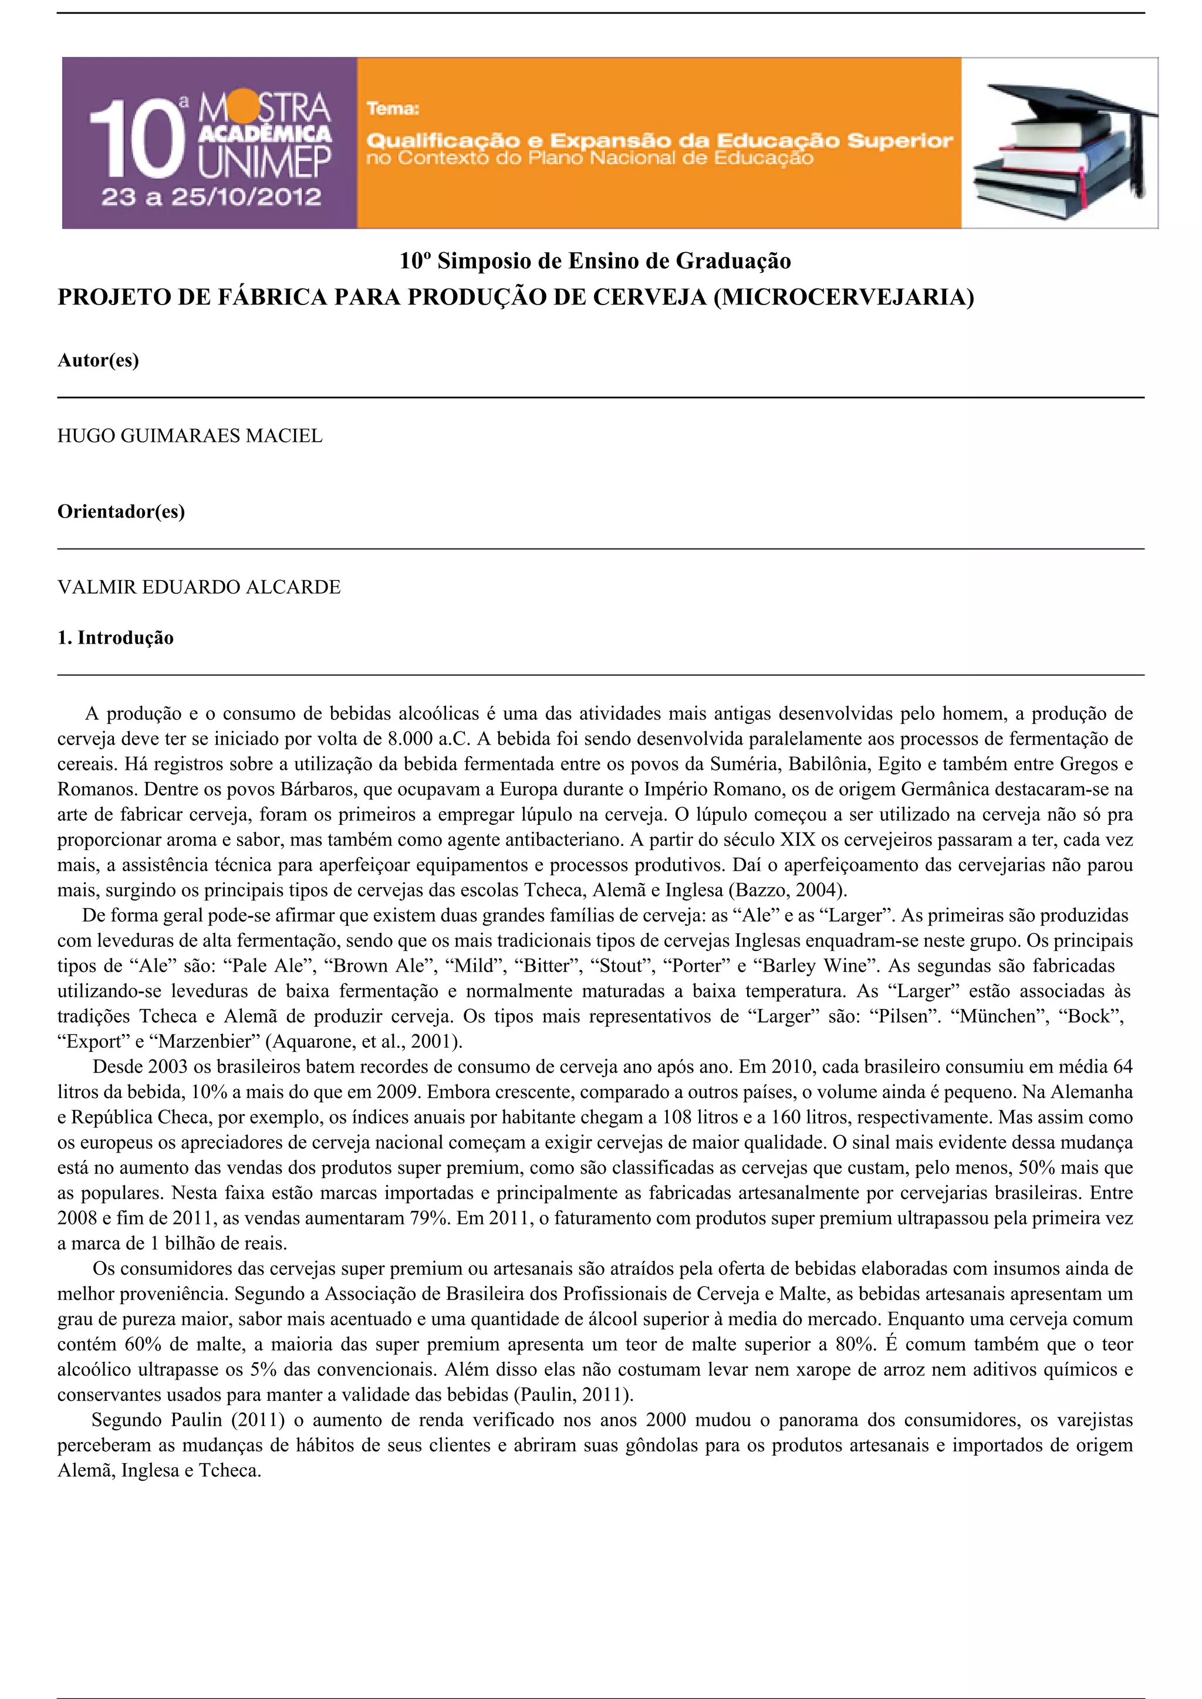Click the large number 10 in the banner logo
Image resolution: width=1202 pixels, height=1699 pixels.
click(137, 140)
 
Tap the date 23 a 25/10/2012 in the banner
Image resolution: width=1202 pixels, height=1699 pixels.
click(211, 198)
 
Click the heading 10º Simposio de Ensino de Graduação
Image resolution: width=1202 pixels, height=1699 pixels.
click(595, 261)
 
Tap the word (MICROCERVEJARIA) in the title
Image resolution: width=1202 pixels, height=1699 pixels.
click(844, 297)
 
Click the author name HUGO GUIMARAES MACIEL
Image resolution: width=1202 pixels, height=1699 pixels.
click(190, 436)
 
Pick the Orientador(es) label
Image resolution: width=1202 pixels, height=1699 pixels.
click(121, 512)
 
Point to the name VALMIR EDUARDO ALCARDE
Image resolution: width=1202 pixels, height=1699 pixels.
click(199, 587)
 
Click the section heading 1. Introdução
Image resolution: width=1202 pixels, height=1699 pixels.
click(116, 638)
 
